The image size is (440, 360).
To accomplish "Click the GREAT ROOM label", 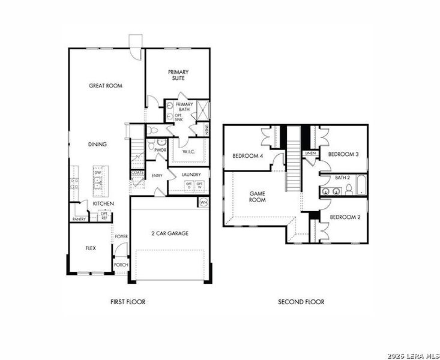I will [x=106, y=86].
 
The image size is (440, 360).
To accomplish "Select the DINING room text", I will [x=98, y=144].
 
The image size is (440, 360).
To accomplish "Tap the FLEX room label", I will [x=91, y=247].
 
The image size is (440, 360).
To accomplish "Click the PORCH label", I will [x=121, y=265].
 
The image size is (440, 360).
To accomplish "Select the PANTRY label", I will [x=79, y=219].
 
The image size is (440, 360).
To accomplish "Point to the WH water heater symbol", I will [x=203, y=202].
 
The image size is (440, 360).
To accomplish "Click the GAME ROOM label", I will [x=258, y=197].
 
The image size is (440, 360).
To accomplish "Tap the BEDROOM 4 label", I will [x=247, y=156].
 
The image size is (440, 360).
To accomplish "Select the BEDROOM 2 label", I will [x=345, y=217].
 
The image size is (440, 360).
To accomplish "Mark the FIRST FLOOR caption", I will [x=127, y=302].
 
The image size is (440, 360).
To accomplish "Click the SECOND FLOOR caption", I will [x=301, y=302].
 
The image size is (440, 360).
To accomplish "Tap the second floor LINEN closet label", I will [x=310, y=154].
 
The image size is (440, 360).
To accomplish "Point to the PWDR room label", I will [x=160, y=150].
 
